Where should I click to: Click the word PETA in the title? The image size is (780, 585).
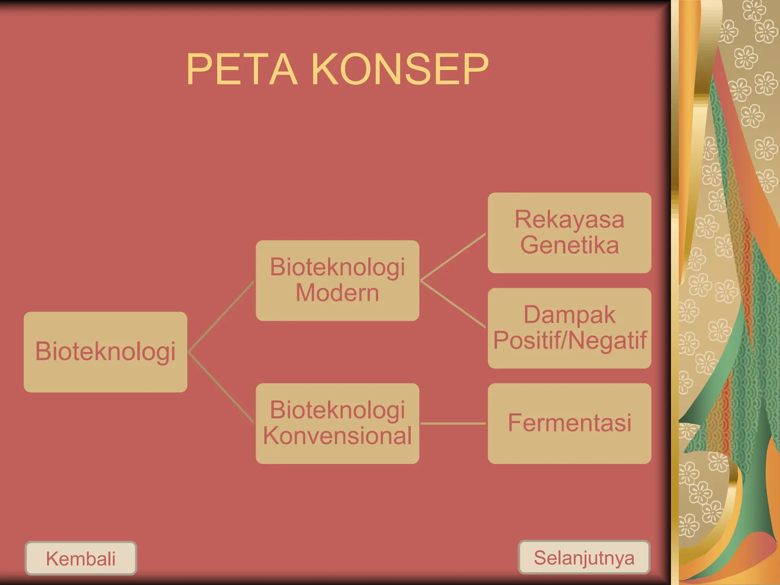tap(241, 69)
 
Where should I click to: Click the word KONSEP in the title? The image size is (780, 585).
tap(400, 69)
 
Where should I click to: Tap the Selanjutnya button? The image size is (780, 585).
tap(584, 558)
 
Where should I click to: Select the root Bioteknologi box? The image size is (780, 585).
tap(105, 352)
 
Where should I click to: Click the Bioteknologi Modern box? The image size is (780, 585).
tap(337, 280)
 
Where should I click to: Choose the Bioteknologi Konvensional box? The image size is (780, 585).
tap(337, 423)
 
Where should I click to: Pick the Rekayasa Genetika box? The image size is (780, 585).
tap(569, 233)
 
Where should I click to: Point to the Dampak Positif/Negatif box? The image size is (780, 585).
tap(569, 328)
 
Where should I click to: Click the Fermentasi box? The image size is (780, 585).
tap(569, 423)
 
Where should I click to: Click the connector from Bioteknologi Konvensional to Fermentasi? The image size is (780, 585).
tap(453, 423)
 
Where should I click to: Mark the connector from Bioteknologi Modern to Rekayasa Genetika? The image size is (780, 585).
tap(453, 257)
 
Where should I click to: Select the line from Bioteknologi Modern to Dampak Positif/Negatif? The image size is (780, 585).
tap(453, 304)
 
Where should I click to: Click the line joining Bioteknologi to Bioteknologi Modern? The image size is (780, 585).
tap(221, 316)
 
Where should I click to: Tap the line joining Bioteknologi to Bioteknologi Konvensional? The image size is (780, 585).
tap(221, 387)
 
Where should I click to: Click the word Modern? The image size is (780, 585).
tap(337, 293)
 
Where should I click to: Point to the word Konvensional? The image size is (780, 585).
tap(337, 436)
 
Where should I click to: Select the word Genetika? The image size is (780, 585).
tap(569, 245)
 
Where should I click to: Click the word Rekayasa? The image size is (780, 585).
tap(569, 220)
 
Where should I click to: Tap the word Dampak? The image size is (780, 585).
tap(569, 315)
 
